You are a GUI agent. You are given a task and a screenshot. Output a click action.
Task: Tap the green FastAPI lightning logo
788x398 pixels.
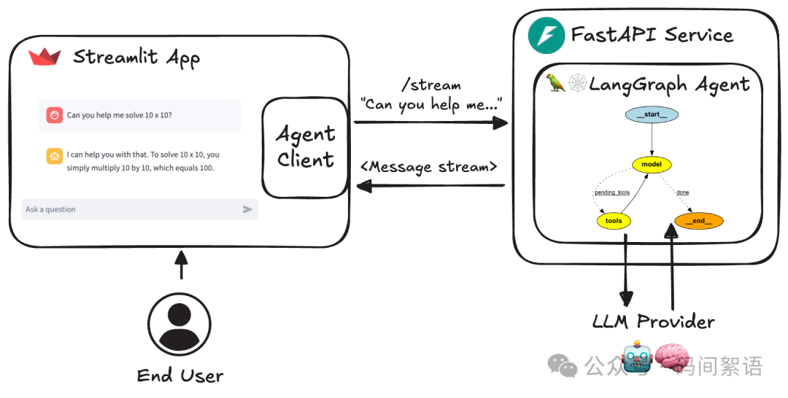click(x=542, y=35)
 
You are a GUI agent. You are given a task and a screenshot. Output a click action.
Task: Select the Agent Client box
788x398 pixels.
click(x=305, y=147)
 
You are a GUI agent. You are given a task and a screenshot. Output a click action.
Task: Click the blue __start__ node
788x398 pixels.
click(x=652, y=115)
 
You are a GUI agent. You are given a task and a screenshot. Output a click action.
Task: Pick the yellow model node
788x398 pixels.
click(x=652, y=164)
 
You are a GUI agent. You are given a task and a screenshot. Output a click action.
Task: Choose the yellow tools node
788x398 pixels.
click(x=614, y=220)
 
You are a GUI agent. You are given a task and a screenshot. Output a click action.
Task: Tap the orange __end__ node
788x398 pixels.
click(x=698, y=220)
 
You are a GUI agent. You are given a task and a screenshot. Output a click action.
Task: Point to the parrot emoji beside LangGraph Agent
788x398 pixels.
click(x=557, y=84)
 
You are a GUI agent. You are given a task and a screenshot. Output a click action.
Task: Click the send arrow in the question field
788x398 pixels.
click(x=247, y=209)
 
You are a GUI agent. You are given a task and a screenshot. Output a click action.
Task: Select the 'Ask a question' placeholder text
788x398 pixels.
click(x=50, y=209)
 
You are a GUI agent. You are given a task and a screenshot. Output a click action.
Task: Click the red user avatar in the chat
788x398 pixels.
click(x=54, y=115)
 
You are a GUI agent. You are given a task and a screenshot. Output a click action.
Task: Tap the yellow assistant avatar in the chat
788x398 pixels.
click(x=54, y=155)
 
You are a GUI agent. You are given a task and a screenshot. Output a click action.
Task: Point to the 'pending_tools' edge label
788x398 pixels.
click(x=611, y=192)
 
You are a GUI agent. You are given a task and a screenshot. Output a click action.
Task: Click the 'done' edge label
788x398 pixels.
click(x=682, y=192)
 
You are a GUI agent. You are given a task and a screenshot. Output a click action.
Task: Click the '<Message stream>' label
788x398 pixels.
click(x=429, y=167)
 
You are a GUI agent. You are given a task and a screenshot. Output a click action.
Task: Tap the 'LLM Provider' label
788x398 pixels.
click(x=654, y=321)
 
